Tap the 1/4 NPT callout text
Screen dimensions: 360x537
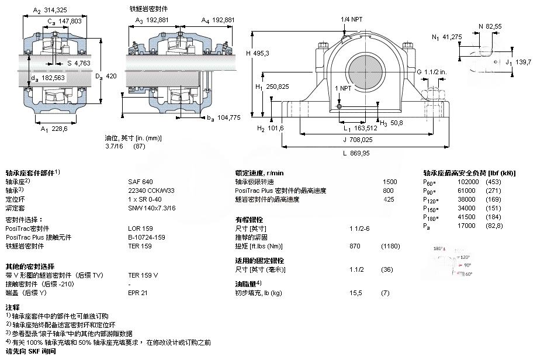(352, 19)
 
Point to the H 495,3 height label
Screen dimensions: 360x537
(257, 53)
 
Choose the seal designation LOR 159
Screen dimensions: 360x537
(140, 229)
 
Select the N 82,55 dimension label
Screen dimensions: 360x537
(490, 26)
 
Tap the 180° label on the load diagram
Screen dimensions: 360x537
(438, 249)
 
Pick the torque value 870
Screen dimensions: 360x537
(354, 246)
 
